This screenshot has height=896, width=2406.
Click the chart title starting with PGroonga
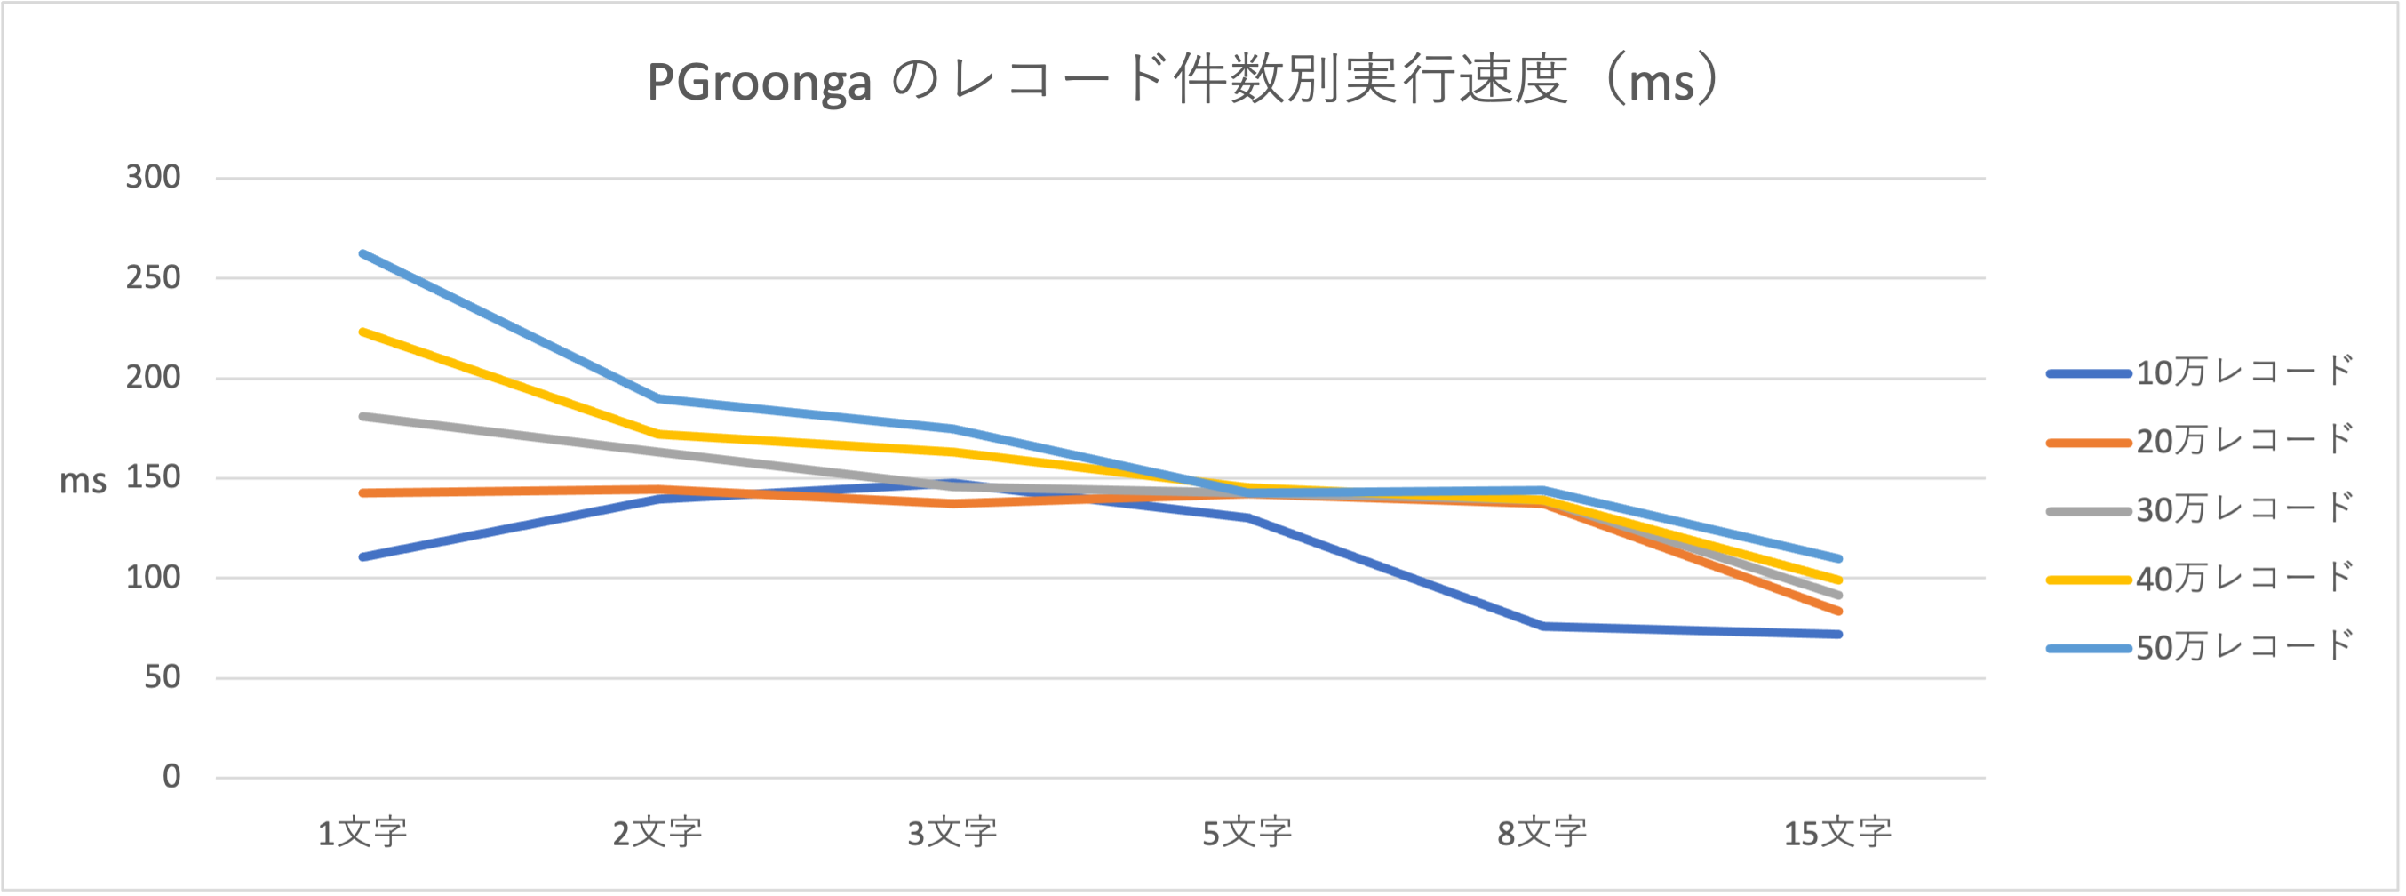(x=1183, y=81)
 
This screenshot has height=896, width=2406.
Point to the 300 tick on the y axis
(x=153, y=178)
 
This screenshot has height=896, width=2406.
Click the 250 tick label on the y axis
(x=153, y=277)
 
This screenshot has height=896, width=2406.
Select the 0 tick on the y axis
(x=171, y=776)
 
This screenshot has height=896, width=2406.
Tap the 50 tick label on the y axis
(x=163, y=677)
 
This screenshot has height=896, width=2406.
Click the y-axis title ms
(x=84, y=482)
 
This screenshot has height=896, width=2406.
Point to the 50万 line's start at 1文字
(x=362, y=253)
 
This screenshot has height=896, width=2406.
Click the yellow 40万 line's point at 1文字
(x=362, y=332)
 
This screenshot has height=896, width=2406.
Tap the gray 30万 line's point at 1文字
(x=362, y=416)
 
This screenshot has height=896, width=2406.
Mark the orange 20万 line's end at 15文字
(x=1838, y=611)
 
